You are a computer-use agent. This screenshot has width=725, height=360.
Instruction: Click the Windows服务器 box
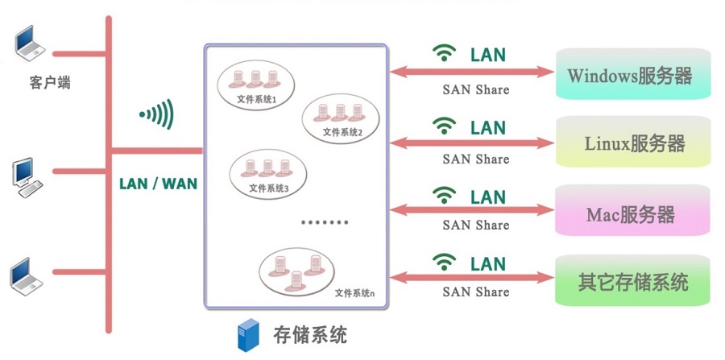pyautogui.click(x=632, y=74)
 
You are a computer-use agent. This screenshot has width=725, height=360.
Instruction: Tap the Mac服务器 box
pyautogui.click(x=632, y=210)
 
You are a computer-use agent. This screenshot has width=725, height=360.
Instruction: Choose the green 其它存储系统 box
pyautogui.click(x=632, y=280)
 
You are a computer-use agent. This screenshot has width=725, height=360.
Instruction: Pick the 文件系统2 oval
pyautogui.click(x=341, y=118)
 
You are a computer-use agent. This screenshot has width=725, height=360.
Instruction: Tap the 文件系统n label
pyautogui.click(x=354, y=292)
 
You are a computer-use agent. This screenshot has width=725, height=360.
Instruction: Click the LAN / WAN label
pyautogui.click(x=158, y=184)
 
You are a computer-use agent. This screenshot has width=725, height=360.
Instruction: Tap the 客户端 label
pyautogui.click(x=50, y=83)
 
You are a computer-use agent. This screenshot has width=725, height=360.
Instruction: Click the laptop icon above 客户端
pyautogui.click(x=30, y=43)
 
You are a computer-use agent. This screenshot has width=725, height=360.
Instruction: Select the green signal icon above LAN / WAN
pyautogui.click(x=157, y=114)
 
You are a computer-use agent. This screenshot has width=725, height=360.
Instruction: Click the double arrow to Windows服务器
pyautogui.click(x=471, y=72)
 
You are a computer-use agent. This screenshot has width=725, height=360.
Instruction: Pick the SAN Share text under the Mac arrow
pyautogui.click(x=476, y=225)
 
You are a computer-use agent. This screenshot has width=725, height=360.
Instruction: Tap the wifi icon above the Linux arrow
pyautogui.click(x=445, y=126)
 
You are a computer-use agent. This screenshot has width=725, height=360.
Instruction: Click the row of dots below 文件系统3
pyautogui.click(x=325, y=222)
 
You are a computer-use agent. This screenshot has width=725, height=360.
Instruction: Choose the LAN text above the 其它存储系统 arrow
pyautogui.click(x=488, y=264)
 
